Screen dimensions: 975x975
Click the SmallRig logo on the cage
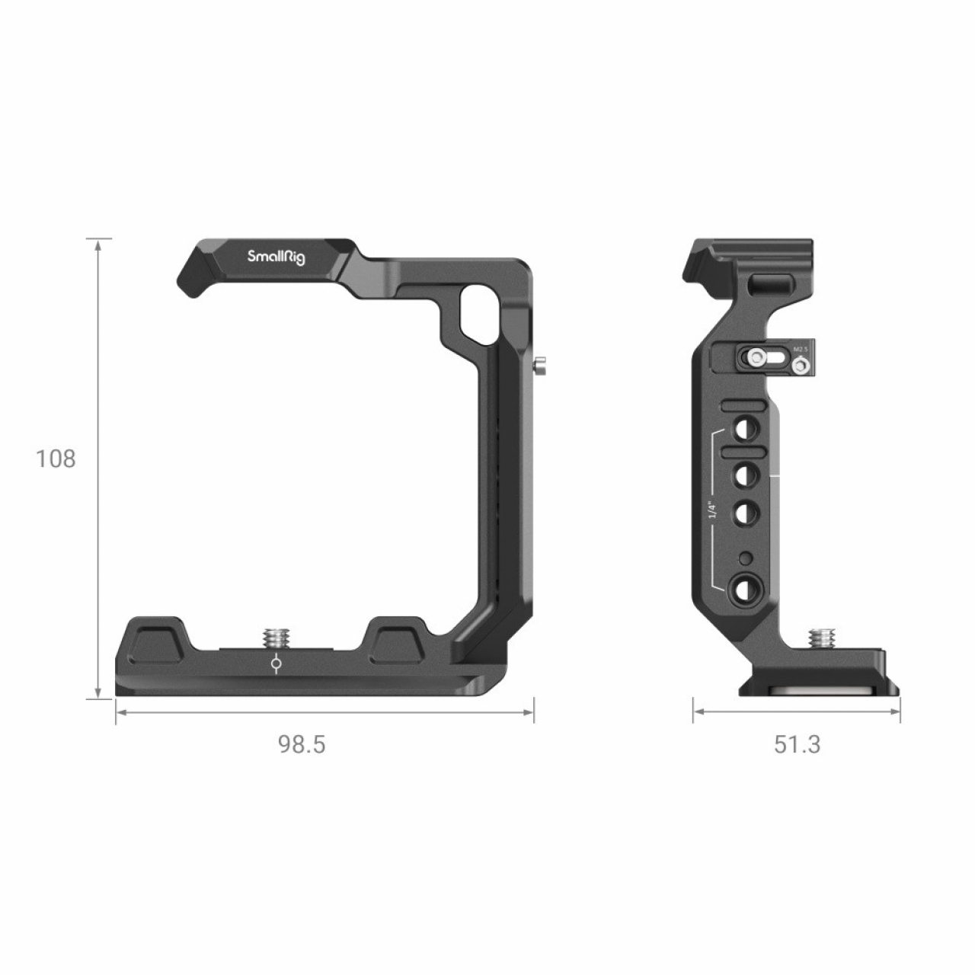tap(276, 257)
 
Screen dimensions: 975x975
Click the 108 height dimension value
tap(56, 459)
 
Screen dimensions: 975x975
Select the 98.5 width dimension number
tap(302, 744)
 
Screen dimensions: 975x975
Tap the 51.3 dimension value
tap(798, 744)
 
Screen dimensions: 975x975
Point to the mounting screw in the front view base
tap(274, 637)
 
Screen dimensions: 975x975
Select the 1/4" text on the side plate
tap(713, 510)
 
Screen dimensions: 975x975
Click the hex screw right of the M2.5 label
tap(799, 366)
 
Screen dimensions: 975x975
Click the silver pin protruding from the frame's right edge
tap(540, 366)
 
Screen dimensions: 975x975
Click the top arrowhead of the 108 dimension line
tap(98, 243)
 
